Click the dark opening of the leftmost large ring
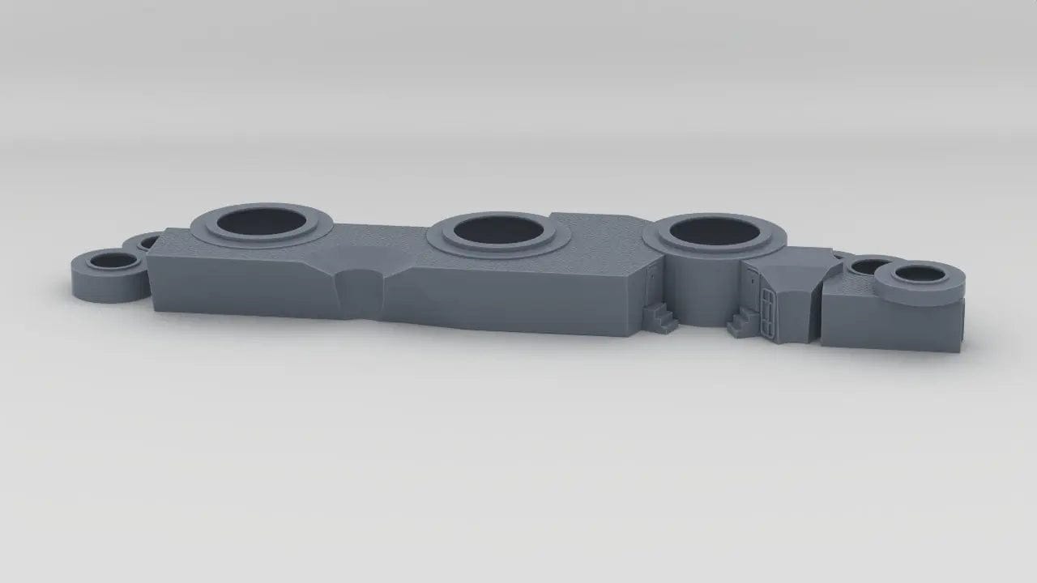pos(261,221)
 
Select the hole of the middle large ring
pos(497,230)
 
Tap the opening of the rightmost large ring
pos(715,230)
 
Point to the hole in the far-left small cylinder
pos(114,261)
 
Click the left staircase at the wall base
pos(661,317)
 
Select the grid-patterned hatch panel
pos(766,309)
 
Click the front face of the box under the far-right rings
pos(883,324)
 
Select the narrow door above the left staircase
pos(651,283)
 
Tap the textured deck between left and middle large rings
pos(373,243)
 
